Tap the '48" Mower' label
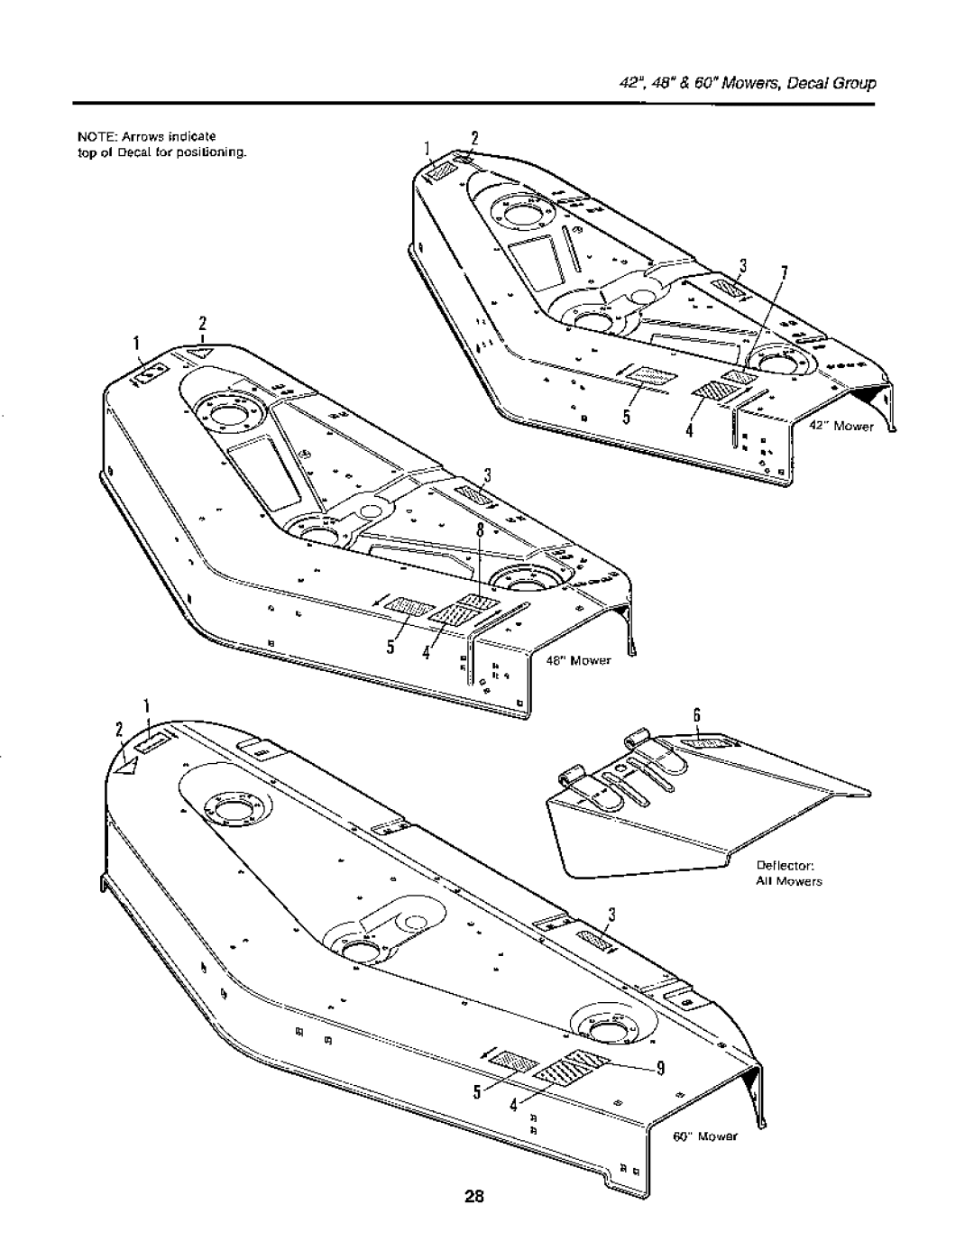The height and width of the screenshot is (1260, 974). click(578, 660)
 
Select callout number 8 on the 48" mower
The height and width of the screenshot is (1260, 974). click(482, 531)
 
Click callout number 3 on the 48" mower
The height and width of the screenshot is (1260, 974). click(484, 475)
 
